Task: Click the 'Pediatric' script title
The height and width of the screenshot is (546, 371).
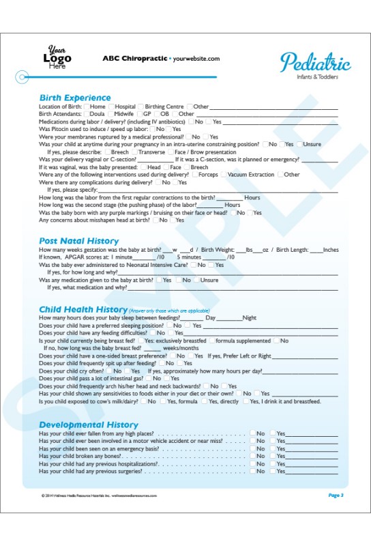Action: pos(315,63)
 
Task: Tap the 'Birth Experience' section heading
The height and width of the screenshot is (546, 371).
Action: pos(75,98)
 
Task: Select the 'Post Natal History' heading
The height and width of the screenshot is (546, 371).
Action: pos(78,241)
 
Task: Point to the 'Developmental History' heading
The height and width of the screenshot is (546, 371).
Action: pos(89,425)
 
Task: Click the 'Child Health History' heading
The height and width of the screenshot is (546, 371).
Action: pos(83,309)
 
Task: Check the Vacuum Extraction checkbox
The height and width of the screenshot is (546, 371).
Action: pos(224,175)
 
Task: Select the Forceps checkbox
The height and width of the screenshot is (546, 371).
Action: pos(194,175)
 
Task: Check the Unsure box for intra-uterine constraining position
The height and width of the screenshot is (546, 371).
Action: pos(299,145)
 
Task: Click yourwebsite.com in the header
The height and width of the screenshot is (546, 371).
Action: pos(196,59)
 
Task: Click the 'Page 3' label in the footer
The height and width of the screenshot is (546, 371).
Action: pos(336,495)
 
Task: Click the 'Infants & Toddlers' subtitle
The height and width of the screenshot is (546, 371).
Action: pos(317,76)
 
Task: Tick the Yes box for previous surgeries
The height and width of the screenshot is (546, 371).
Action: pos(273,471)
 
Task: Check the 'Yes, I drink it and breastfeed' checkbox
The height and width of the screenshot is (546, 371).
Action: pos(246,401)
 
